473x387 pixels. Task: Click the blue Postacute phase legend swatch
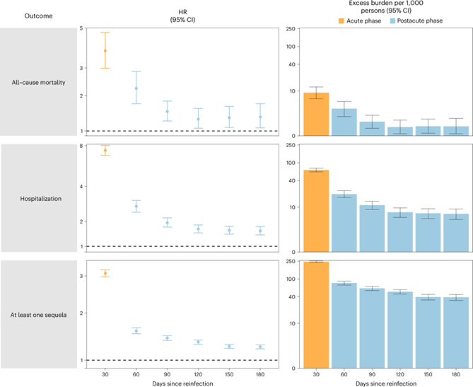pos(392,21)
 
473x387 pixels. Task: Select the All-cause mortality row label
pos(39,82)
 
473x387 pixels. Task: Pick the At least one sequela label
pos(39,315)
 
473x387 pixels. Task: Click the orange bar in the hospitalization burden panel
pos(317,211)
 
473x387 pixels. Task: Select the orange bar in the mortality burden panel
pos(317,114)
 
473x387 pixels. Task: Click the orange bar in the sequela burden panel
pos(317,315)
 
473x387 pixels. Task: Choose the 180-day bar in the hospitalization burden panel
pos(456,233)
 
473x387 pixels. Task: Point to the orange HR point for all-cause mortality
pos(105,51)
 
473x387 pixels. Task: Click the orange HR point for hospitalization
pos(105,151)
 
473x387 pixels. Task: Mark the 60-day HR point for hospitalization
pos(136,206)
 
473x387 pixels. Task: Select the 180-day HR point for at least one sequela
pos(261,347)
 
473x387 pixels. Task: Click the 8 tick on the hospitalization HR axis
pos(83,146)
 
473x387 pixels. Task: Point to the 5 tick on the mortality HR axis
pos(83,28)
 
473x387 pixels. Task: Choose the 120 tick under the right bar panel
pos(400,374)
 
